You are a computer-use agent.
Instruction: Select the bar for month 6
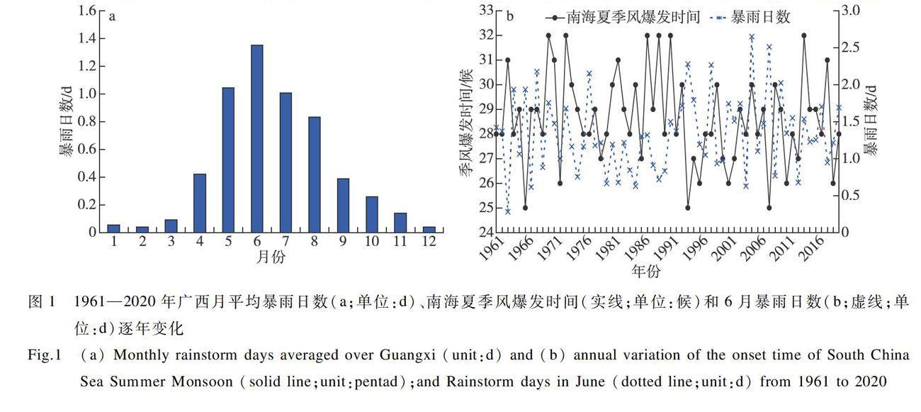(256, 138)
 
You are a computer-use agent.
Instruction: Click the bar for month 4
(200, 203)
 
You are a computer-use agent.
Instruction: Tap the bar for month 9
(343, 205)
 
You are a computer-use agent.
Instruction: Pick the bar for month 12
(429, 229)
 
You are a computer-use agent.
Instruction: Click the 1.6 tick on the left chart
(87, 11)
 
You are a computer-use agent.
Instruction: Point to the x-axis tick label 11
(400, 241)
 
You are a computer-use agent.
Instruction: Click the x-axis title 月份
(271, 257)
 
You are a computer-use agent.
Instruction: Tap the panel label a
(112, 18)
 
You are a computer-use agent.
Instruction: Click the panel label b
(509, 16)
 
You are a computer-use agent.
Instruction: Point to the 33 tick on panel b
(486, 10)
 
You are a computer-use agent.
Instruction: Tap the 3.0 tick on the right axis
(851, 10)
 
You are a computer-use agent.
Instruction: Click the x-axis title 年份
(645, 271)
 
